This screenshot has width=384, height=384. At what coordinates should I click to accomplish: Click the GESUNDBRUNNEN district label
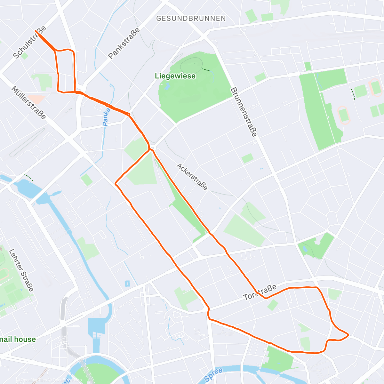click(191, 19)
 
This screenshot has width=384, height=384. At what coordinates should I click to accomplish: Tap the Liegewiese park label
click(175, 76)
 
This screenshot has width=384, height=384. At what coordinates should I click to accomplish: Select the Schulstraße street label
click(29, 42)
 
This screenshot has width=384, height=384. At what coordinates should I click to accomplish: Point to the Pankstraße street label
click(124, 44)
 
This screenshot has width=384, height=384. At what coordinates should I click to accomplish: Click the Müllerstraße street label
click(29, 102)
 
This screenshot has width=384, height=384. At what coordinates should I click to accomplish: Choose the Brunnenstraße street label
click(244, 112)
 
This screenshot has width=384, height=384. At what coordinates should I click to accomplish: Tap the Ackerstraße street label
click(192, 177)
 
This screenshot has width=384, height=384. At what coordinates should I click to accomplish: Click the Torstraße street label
click(260, 292)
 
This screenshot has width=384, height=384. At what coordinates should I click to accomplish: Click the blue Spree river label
click(213, 375)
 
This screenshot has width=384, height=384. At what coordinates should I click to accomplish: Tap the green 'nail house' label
click(18, 339)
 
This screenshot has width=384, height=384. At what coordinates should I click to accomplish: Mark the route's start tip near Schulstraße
click(36, 31)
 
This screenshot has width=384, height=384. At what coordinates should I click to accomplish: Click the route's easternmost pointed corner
click(348, 335)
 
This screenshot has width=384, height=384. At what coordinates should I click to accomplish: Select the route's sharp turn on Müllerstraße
click(115, 184)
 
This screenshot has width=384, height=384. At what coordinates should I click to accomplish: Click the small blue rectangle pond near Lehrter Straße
click(127, 284)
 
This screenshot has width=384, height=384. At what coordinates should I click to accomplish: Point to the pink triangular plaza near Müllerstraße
click(36, 99)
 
